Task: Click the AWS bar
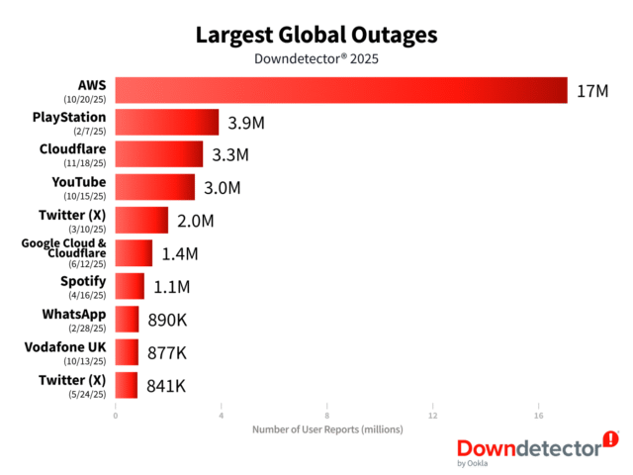pyautogui.click(x=341, y=90)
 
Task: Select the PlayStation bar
pyautogui.click(x=167, y=123)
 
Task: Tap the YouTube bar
pyautogui.click(x=155, y=187)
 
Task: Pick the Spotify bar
pyautogui.click(x=130, y=286)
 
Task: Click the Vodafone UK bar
pyautogui.click(x=127, y=352)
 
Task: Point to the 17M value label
pyautogui.click(x=591, y=91)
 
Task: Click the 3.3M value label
pyautogui.click(x=230, y=155)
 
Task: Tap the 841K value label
pyautogui.click(x=167, y=386)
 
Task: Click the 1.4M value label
pyautogui.click(x=180, y=254)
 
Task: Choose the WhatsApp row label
pyautogui.click(x=73, y=314)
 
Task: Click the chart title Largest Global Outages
pyautogui.click(x=316, y=35)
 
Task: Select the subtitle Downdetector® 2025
pyautogui.click(x=316, y=58)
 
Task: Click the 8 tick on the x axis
pyautogui.click(x=327, y=415)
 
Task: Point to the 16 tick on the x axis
pyautogui.click(x=539, y=415)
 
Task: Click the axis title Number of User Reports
pyautogui.click(x=326, y=429)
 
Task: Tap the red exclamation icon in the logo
pyautogui.click(x=610, y=438)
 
